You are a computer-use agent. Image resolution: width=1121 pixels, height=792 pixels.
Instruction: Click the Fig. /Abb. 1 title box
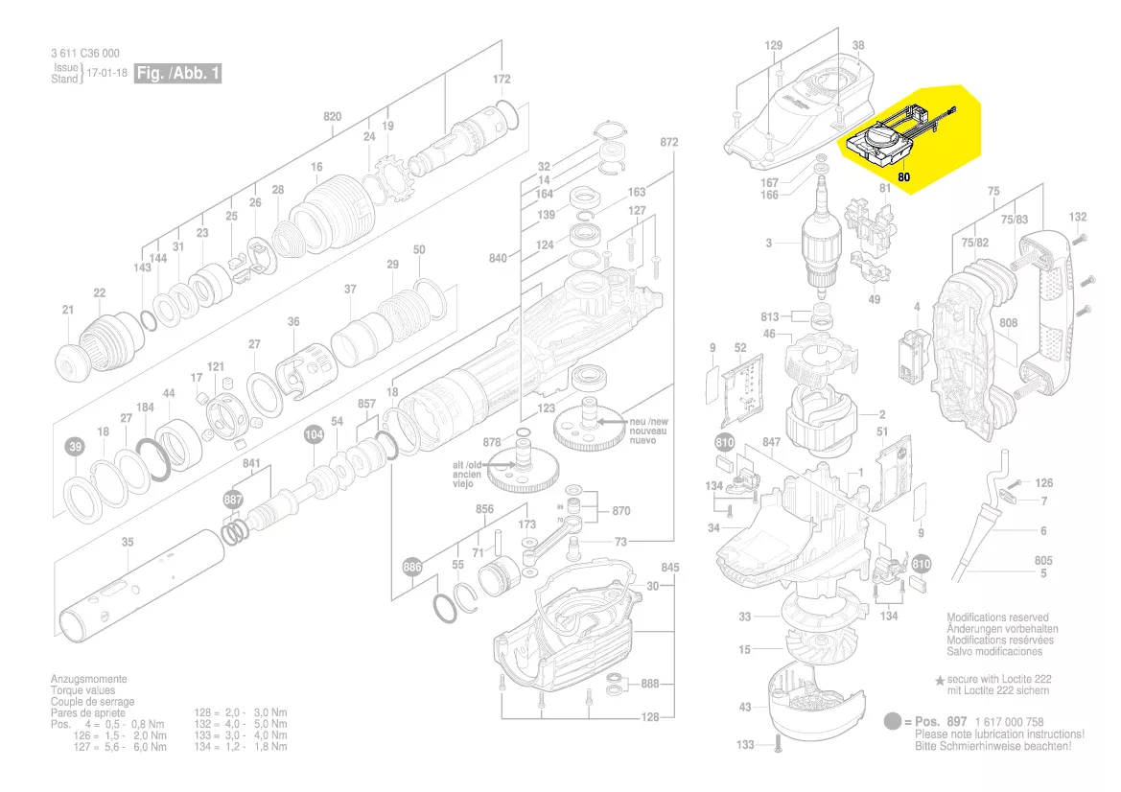tap(177, 74)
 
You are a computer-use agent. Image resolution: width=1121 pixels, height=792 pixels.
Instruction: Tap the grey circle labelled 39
tap(75, 448)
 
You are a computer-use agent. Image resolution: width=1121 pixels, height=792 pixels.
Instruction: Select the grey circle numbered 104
tap(314, 434)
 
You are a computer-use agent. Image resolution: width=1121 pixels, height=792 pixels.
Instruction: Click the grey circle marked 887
tap(233, 501)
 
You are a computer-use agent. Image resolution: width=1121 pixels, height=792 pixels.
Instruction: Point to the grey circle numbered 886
tap(411, 568)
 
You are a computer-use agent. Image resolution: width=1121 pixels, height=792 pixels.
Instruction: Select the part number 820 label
tap(332, 117)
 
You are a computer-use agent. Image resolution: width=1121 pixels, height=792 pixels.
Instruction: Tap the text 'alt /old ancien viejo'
tap(467, 475)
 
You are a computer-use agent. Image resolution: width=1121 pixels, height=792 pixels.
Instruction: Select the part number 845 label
tap(669, 568)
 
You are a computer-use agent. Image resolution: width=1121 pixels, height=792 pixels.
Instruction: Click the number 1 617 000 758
tap(1008, 722)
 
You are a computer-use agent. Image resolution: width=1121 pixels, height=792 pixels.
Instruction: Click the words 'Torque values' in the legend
tap(82, 690)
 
